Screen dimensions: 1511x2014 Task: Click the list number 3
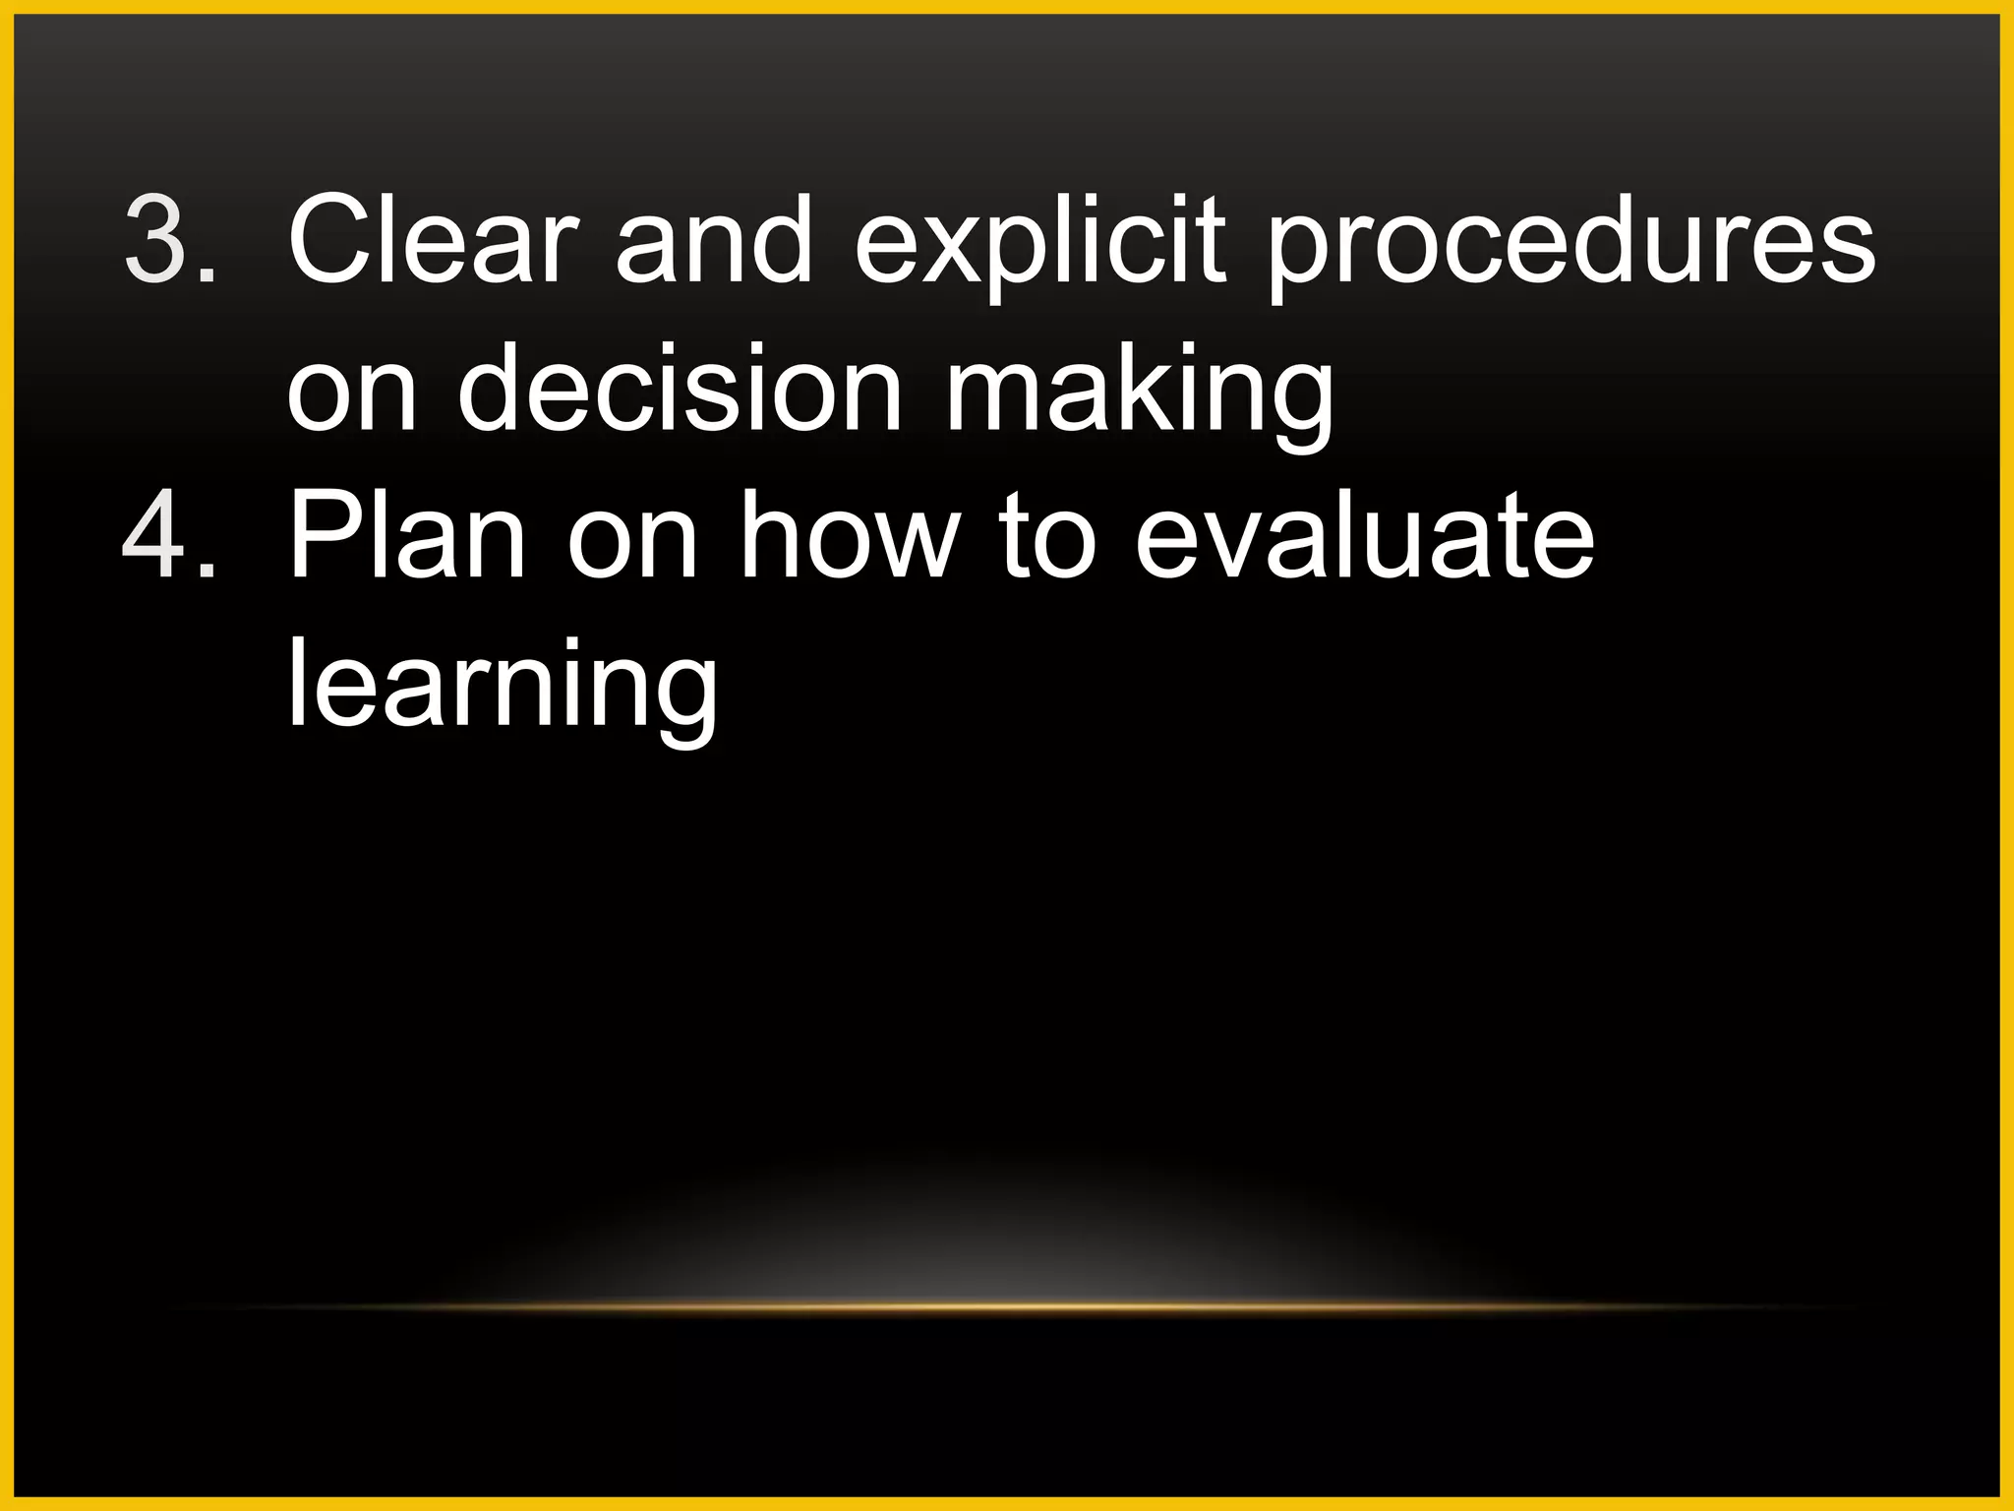[x=157, y=239]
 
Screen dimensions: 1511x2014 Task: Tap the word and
[x=714, y=239]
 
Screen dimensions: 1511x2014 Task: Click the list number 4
[x=157, y=536]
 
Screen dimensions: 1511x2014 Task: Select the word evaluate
[x=1364, y=536]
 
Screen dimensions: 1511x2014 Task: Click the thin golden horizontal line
[x=1007, y=1307]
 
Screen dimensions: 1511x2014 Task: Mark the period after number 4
[x=207, y=573]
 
